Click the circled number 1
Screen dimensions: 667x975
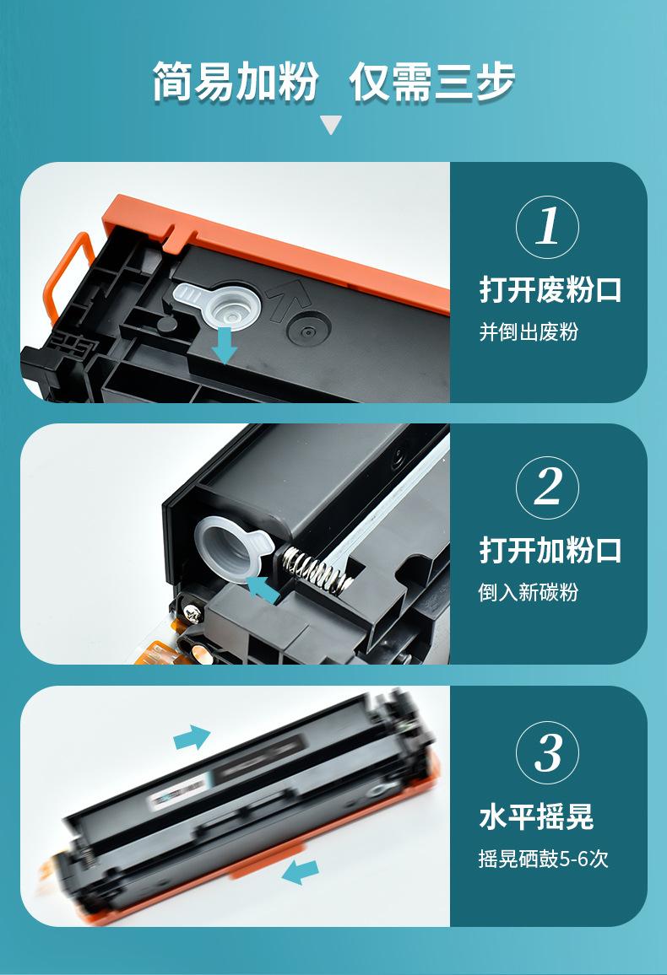point(548,226)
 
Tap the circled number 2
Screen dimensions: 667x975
point(548,487)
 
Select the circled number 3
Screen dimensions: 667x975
point(548,752)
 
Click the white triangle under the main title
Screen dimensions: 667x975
point(331,124)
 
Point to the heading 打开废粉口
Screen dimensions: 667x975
point(550,290)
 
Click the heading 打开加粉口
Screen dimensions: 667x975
point(550,550)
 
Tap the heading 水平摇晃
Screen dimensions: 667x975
point(536,816)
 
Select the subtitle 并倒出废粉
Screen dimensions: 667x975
point(529,331)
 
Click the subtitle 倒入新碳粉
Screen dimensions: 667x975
point(529,592)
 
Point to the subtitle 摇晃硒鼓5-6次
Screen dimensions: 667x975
point(543,859)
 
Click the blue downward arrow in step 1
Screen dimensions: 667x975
point(224,346)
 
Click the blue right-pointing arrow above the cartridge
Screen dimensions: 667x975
point(192,737)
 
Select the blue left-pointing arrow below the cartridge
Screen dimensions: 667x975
point(301,872)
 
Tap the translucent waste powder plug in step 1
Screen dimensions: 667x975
point(220,304)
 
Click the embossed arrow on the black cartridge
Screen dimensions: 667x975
point(285,299)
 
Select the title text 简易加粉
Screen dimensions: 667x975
point(236,82)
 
